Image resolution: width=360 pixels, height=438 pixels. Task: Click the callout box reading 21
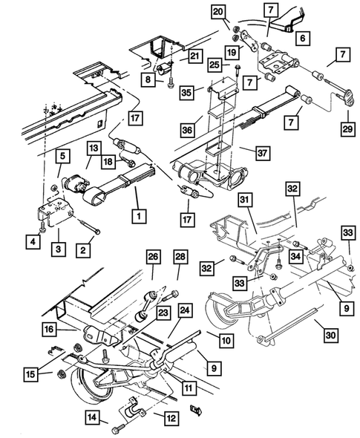tap(194, 56)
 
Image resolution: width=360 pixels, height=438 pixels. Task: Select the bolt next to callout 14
tap(119, 428)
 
